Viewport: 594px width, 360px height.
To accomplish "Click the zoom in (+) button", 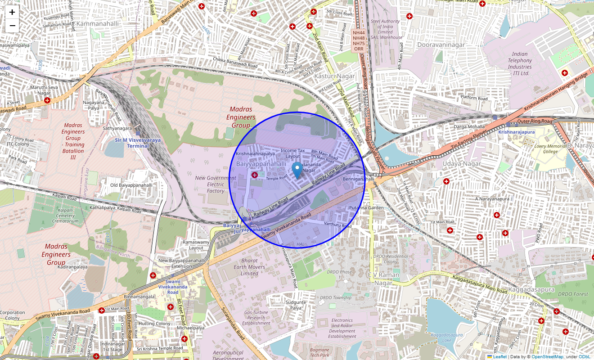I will [x=12, y=12].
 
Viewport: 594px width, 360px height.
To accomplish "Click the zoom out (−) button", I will [x=12, y=26].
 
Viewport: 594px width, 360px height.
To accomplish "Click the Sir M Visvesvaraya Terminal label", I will [x=138, y=143].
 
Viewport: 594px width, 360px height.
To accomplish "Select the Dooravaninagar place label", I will [x=441, y=45].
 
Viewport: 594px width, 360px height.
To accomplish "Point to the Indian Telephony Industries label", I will [x=520, y=63].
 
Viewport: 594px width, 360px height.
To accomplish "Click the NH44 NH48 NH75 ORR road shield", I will [x=359, y=40].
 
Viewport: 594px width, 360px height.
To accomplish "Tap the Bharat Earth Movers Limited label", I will [x=249, y=267].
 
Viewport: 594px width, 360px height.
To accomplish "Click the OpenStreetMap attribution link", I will [x=547, y=356].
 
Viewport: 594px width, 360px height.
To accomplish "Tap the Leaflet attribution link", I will [x=499, y=356].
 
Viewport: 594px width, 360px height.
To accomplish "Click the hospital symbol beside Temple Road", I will [x=255, y=175].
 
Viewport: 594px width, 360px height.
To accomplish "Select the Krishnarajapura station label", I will [x=516, y=132].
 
